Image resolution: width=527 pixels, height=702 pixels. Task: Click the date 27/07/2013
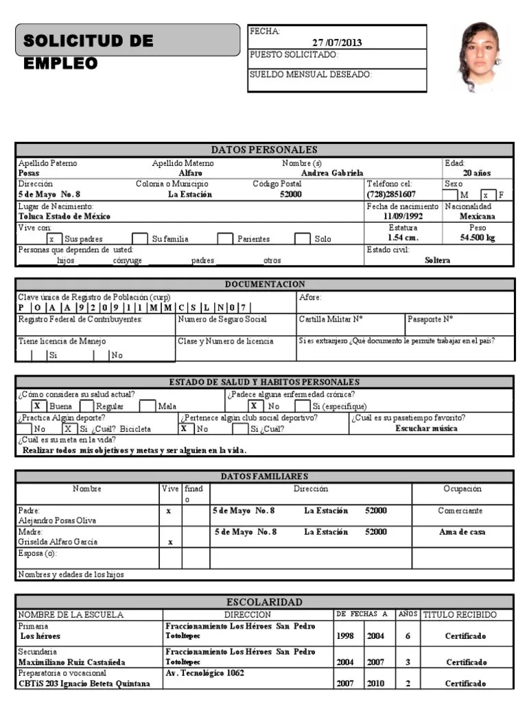pos(337,43)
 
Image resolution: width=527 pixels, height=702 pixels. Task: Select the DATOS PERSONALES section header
pos(264,149)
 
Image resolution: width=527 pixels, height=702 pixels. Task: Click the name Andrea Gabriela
pos(332,173)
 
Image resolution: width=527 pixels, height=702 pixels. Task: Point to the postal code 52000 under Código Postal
pos(291,195)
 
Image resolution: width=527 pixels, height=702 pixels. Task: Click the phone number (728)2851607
pos(391,195)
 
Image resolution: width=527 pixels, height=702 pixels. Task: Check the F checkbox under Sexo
pos(485,195)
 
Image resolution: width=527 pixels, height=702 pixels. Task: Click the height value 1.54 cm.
pos(403,238)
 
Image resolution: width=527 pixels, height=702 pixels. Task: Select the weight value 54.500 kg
pos(478,238)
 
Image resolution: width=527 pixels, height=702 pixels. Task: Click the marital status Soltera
pos(438,261)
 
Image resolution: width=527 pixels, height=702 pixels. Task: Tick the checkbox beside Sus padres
pos(52,239)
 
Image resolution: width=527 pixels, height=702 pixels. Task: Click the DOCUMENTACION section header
pos(264,284)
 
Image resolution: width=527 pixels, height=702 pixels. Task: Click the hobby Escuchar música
pos(426,428)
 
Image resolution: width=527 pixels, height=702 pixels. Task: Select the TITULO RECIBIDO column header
pos(459,615)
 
